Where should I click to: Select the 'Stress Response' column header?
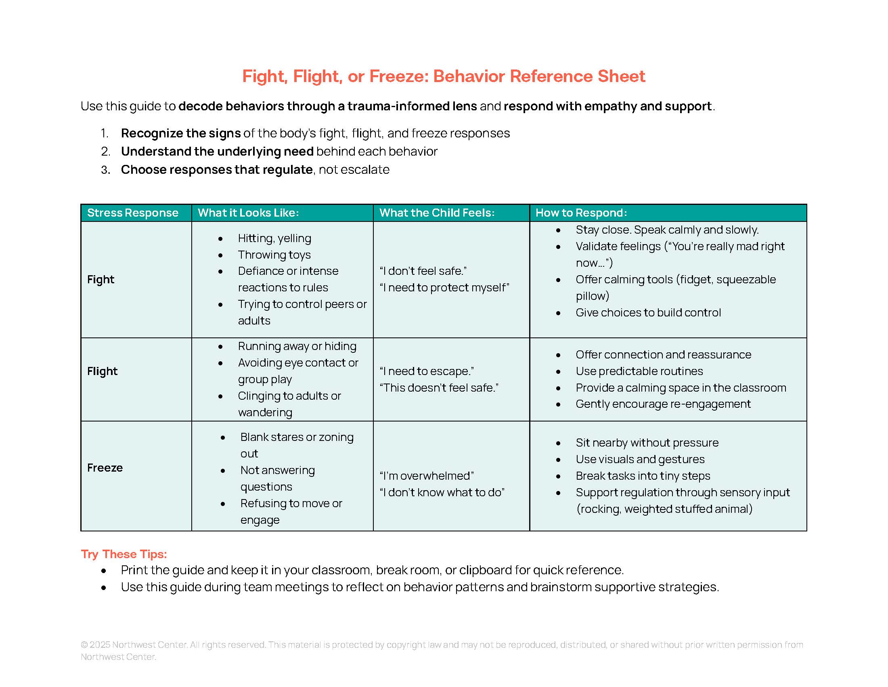pyautogui.click(x=132, y=213)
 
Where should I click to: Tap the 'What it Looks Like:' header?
pyautogui.click(x=248, y=213)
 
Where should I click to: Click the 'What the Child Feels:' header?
pyautogui.click(x=437, y=213)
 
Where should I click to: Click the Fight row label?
pyautogui.click(x=101, y=280)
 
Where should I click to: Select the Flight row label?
pyautogui.click(x=103, y=371)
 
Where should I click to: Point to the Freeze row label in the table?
pyautogui.click(x=105, y=468)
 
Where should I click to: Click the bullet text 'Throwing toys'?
pyautogui.click(x=274, y=255)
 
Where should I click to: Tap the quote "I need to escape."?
pyautogui.click(x=427, y=371)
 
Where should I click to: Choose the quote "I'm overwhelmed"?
pyautogui.click(x=427, y=476)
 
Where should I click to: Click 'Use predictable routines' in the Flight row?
pyautogui.click(x=639, y=371)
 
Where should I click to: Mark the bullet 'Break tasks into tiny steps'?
pyautogui.click(x=643, y=476)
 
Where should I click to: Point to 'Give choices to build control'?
pyautogui.click(x=648, y=312)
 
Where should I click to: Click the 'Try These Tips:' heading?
pyautogui.click(x=124, y=554)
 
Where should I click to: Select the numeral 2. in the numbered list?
pyautogui.click(x=106, y=152)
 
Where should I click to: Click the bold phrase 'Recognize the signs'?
pyautogui.click(x=181, y=133)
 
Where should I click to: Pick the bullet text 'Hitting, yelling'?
pyautogui.click(x=274, y=238)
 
